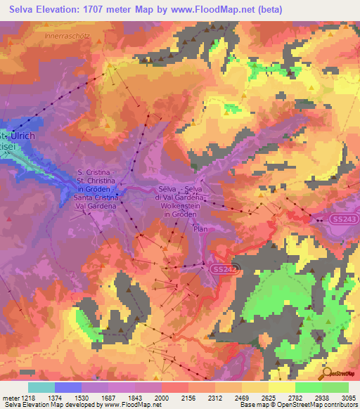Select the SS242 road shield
click(x=219, y=269)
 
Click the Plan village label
click(x=201, y=229)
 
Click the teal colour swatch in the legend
click(x=41, y=387)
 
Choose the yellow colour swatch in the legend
click(x=281, y=387)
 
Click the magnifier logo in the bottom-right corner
click(x=327, y=373)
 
